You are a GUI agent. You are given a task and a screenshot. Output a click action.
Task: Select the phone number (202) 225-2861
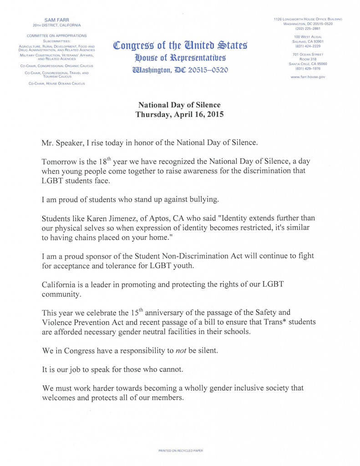[x=308, y=28]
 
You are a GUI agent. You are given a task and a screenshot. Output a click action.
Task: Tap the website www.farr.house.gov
[x=308, y=77]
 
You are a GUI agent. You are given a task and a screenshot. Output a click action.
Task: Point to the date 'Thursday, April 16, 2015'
[x=180, y=115]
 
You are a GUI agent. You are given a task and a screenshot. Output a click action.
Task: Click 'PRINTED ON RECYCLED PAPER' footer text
[x=181, y=451]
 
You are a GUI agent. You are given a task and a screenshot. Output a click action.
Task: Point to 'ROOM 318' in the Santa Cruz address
[x=308, y=59]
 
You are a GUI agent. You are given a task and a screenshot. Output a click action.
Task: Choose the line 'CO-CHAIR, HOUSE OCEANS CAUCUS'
[x=57, y=83]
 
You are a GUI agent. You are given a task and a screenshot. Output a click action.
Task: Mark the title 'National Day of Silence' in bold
[x=180, y=105]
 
